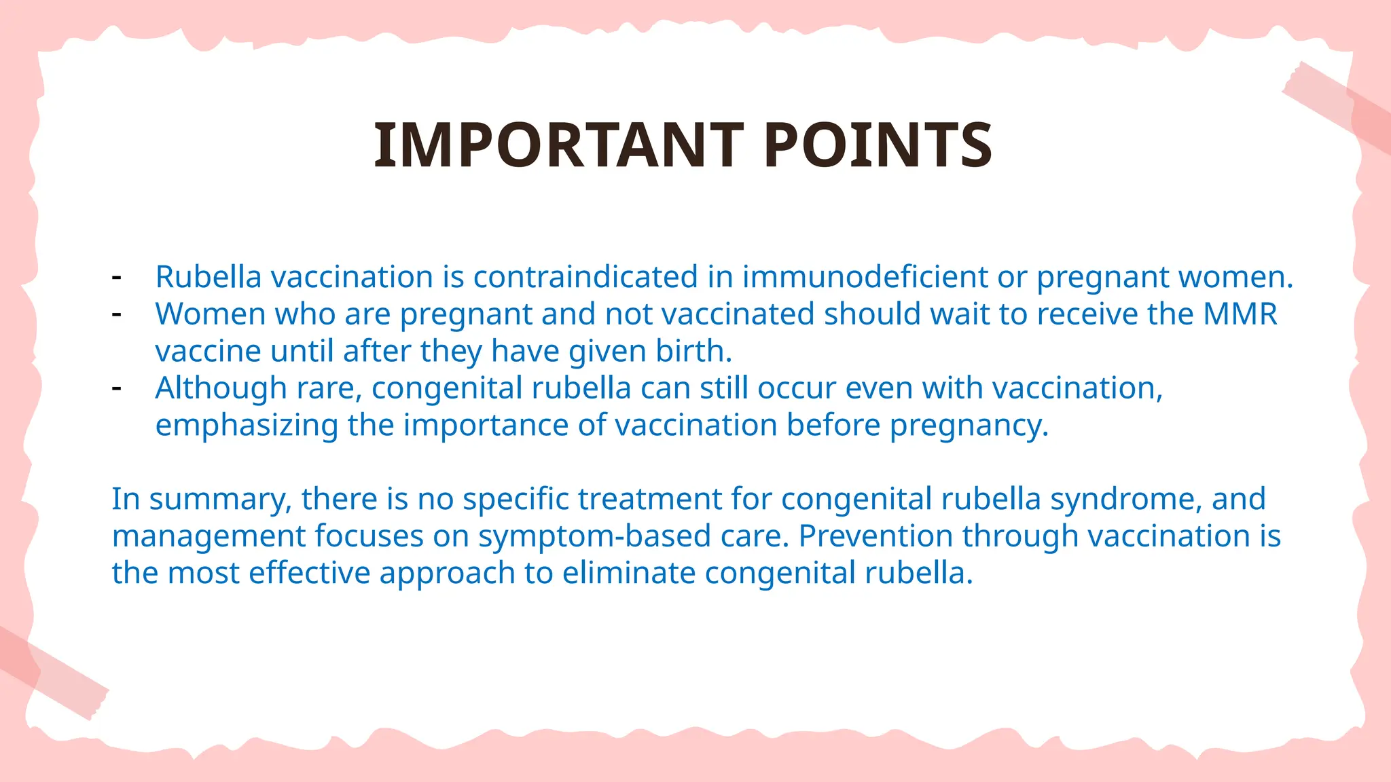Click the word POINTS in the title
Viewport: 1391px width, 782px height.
point(878,145)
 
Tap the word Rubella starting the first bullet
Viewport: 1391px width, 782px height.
point(209,277)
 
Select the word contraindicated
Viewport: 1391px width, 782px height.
point(585,277)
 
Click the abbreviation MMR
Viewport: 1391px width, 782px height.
point(1240,314)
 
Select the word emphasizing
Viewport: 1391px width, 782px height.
point(247,426)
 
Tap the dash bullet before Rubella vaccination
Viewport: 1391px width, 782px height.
point(117,278)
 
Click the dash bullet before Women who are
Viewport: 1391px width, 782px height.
point(117,314)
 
